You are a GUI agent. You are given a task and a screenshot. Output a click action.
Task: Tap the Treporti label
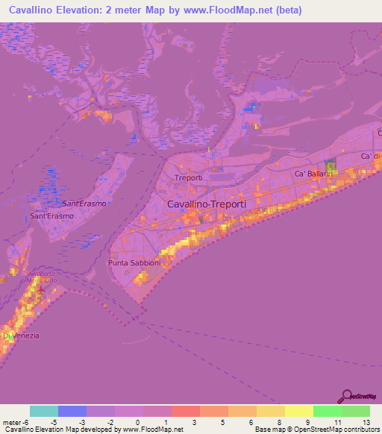click(x=188, y=177)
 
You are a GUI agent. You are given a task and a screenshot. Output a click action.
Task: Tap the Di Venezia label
click(x=20, y=336)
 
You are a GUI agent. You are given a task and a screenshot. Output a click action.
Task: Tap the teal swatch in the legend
click(x=44, y=411)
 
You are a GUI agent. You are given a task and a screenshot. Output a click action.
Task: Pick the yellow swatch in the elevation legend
click(x=298, y=411)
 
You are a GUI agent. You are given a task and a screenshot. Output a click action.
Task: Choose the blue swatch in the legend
click(x=72, y=411)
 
